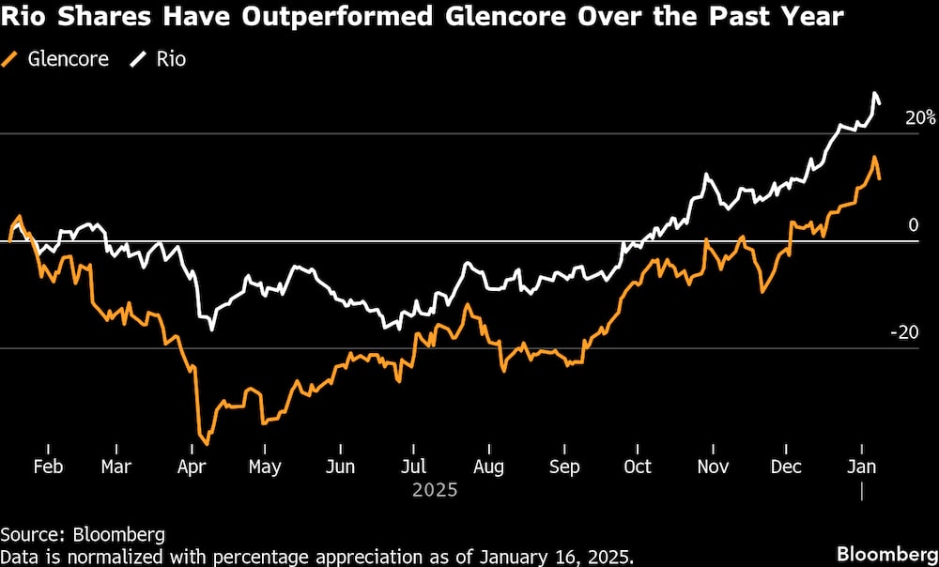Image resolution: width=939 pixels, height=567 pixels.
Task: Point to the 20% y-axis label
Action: pos(919,118)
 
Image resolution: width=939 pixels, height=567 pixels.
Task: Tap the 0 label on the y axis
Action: pos(912,225)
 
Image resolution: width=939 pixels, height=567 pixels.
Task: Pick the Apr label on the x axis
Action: pos(192,467)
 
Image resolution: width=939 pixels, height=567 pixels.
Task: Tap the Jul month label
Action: pos(413,467)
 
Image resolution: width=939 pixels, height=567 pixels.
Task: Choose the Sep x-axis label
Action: pos(563,467)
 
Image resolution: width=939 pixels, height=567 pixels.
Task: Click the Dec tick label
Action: pos(785,467)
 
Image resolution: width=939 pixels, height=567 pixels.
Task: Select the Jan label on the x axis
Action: pos(862,467)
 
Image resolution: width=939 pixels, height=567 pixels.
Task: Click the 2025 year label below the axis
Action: pos(435,490)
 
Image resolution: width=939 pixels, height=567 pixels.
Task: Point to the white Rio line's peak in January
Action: pos(875,94)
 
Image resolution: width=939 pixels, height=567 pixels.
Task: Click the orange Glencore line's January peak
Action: pos(874,158)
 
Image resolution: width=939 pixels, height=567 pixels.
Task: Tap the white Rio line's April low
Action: pos(212,329)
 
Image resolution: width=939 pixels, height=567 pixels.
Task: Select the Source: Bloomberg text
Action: pos(83,535)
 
